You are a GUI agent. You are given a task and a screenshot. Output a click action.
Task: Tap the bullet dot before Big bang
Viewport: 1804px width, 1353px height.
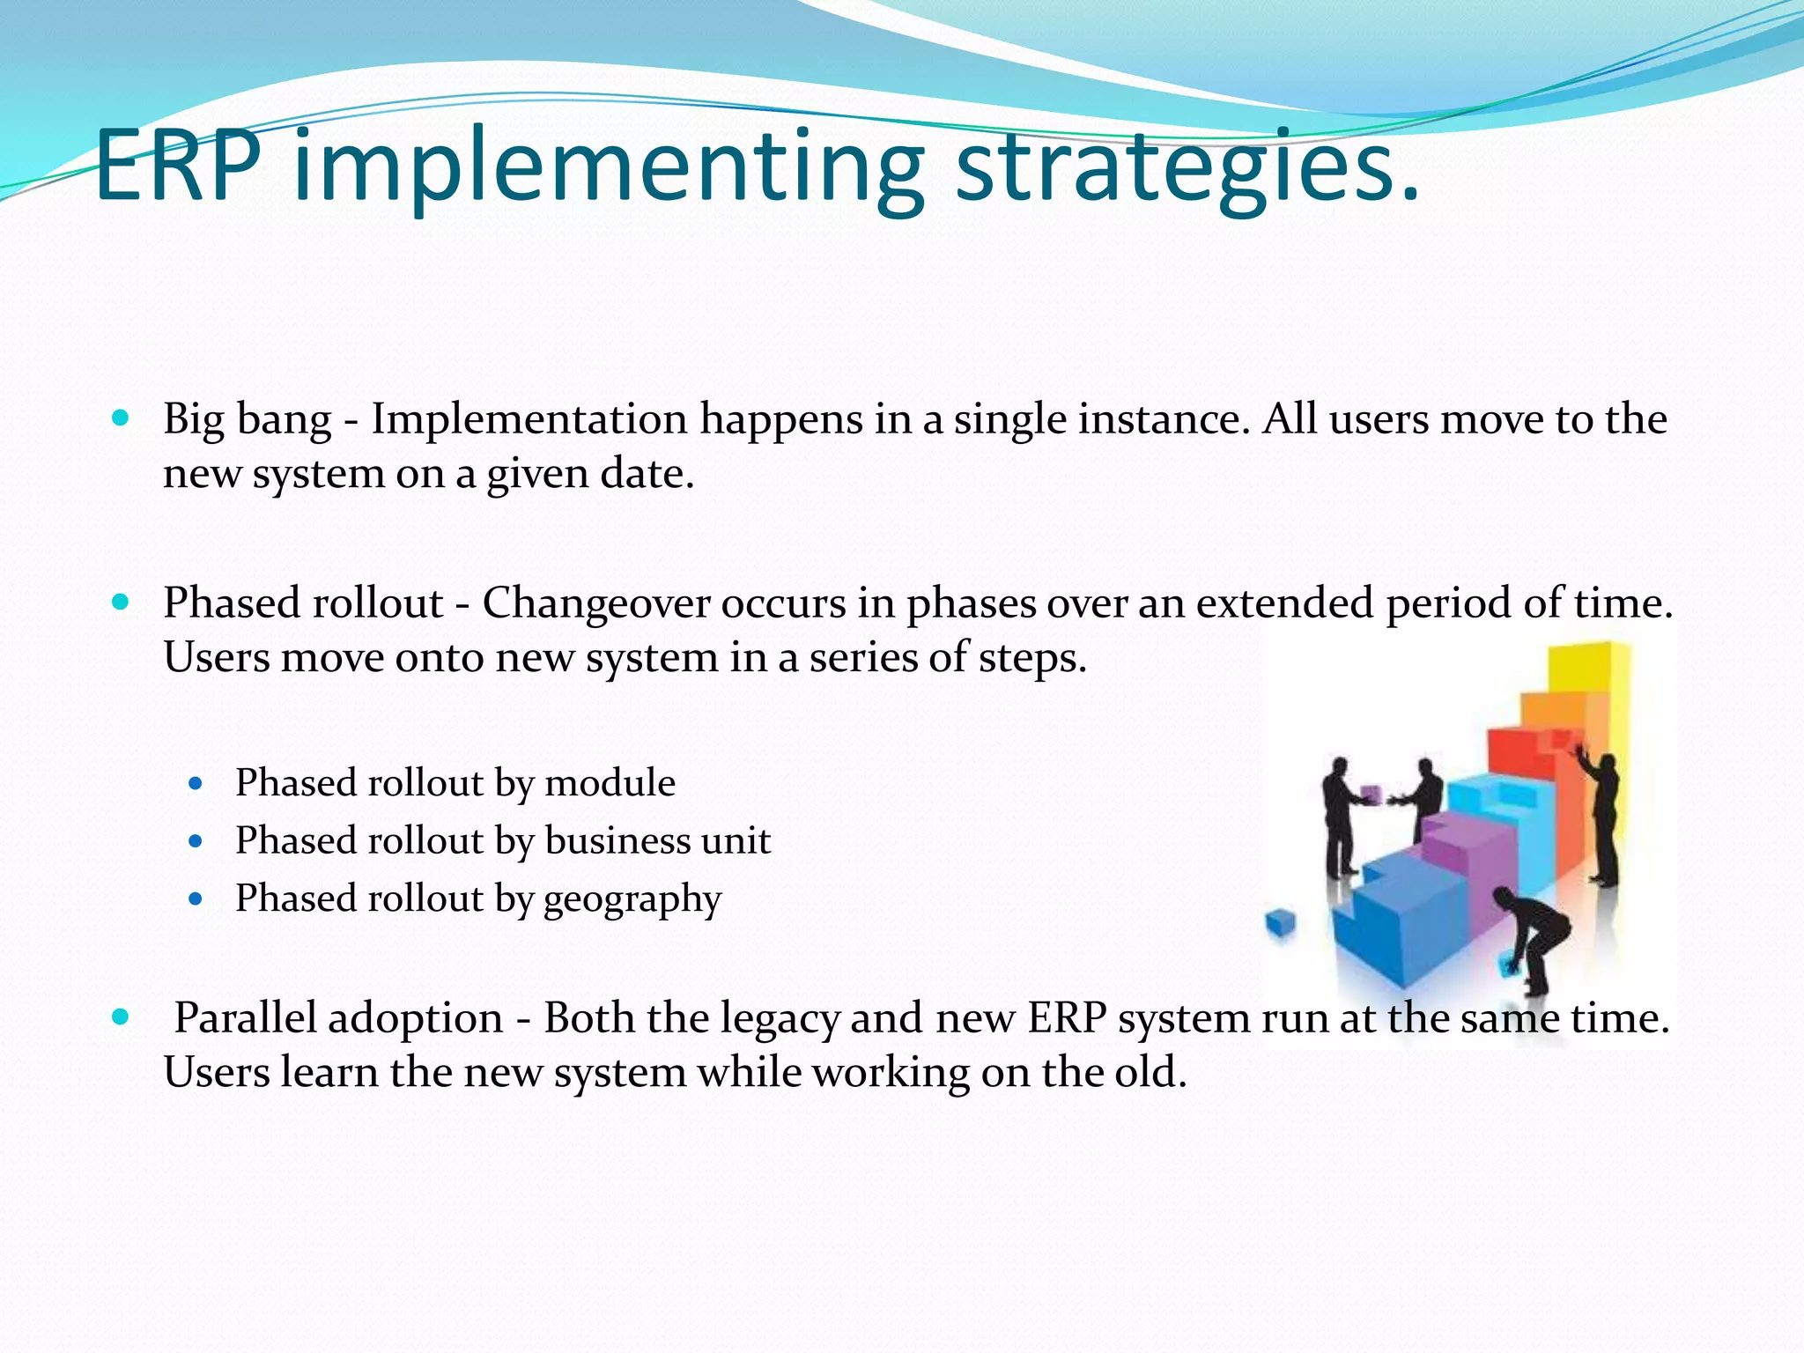point(122,418)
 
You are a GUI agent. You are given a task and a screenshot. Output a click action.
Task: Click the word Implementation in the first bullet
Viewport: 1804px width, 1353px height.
point(529,419)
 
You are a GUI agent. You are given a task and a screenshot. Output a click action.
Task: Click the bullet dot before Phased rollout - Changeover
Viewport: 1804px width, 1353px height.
point(122,603)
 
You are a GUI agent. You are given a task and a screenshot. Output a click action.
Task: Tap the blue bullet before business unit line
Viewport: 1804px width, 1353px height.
point(196,841)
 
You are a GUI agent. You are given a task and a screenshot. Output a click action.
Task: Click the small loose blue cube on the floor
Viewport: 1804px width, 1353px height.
point(1280,925)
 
